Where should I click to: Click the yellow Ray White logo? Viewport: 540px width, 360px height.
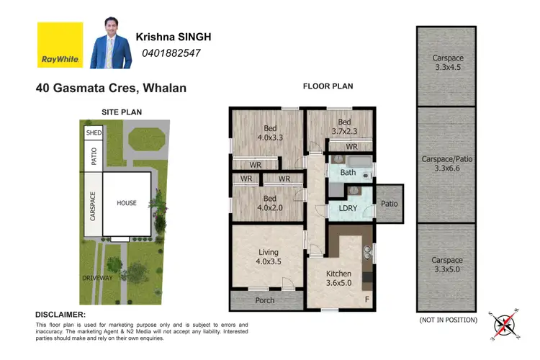[x=60, y=45]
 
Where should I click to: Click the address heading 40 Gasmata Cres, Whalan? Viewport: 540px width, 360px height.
[x=111, y=89]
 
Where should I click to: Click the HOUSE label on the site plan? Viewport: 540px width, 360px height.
[x=127, y=203]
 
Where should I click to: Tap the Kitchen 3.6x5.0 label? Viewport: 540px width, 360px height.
[x=338, y=279]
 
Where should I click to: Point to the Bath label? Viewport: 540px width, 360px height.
[x=348, y=173]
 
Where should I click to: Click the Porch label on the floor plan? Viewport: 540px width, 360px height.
[x=265, y=300]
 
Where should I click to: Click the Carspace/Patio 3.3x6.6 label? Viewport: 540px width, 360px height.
[x=446, y=164]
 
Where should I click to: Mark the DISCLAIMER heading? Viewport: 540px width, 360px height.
[x=60, y=315]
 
